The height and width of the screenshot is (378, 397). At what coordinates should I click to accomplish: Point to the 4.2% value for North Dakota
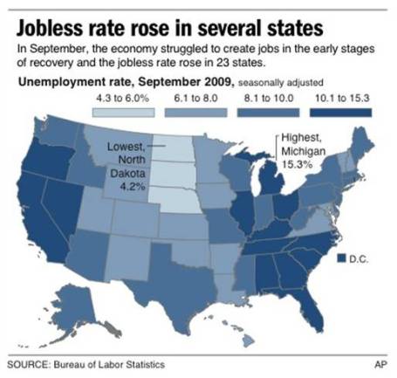pyautogui.click(x=126, y=184)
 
